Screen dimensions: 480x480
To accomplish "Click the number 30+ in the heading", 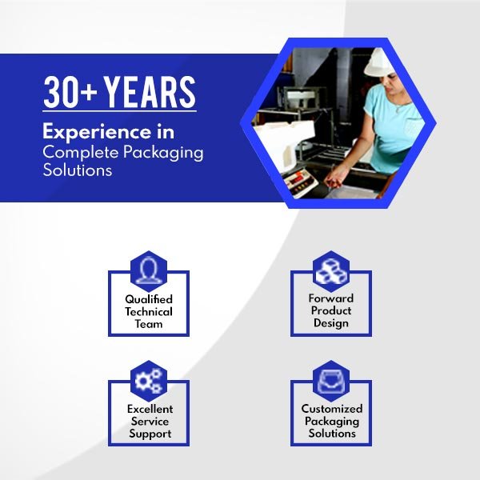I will pyautogui.click(x=70, y=93).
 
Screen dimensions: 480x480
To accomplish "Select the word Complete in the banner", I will pyautogui.click(x=76, y=151).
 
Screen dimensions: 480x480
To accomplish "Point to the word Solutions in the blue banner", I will pyautogui.click(x=78, y=170).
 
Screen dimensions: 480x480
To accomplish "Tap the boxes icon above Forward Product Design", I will pyautogui.click(x=330, y=270).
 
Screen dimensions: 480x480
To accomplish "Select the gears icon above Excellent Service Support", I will pyautogui.click(x=149, y=379).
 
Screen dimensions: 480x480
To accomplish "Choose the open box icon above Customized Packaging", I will pyautogui.click(x=330, y=379).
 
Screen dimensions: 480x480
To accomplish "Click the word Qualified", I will pyautogui.click(x=149, y=299).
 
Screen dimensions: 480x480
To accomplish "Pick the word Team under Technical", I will pyautogui.click(x=149, y=324).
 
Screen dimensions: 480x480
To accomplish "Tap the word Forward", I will pyautogui.click(x=330, y=298).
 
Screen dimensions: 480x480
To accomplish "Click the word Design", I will pyautogui.click(x=330, y=323).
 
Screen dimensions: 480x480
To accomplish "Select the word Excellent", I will pyautogui.click(x=150, y=408).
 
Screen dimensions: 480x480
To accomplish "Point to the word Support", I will pyautogui.click(x=150, y=434).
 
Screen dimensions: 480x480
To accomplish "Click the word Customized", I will pyautogui.click(x=331, y=408).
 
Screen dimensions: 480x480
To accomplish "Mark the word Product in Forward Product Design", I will pyautogui.click(x=330, y=310).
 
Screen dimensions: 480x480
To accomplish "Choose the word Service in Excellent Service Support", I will pyautogui.click(x=150, y=421).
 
